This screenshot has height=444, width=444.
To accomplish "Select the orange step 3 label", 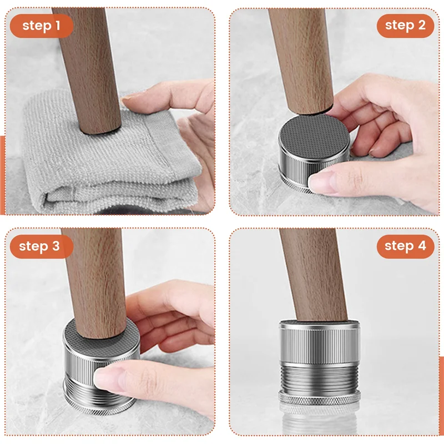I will click(x=39, y=246).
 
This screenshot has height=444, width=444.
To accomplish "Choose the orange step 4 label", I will click(x=405, y=246).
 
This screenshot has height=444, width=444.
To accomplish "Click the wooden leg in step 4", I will click(x=314, y=272).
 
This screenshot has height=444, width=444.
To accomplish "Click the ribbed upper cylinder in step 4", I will click(x=319, y=341).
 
